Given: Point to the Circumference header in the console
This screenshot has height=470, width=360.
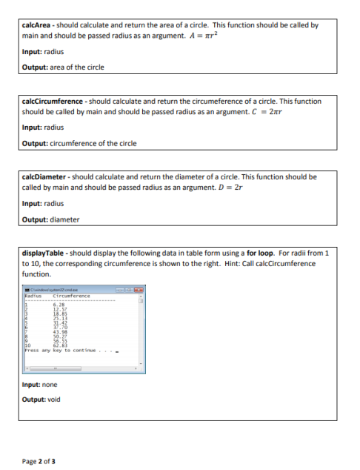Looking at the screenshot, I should [x=70, y=297].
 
